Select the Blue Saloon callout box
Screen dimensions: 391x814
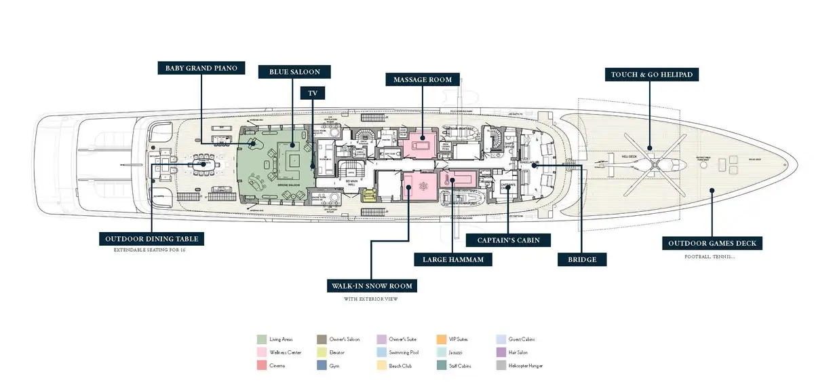point(289,71)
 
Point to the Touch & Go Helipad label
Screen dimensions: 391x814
point(651,74)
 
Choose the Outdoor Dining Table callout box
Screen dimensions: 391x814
point(151,239)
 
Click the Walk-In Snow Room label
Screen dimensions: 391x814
point(370,285)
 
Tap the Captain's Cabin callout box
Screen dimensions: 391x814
point(508,240)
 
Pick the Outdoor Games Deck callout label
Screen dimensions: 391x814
point(712,243)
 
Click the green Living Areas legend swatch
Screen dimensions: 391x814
point(261,339)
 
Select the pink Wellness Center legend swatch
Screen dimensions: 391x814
point(261,352)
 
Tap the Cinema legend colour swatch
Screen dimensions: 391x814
point(261,366)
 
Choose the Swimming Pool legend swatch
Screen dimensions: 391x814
point(381,352)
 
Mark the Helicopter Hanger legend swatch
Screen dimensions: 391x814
point(501,366)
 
